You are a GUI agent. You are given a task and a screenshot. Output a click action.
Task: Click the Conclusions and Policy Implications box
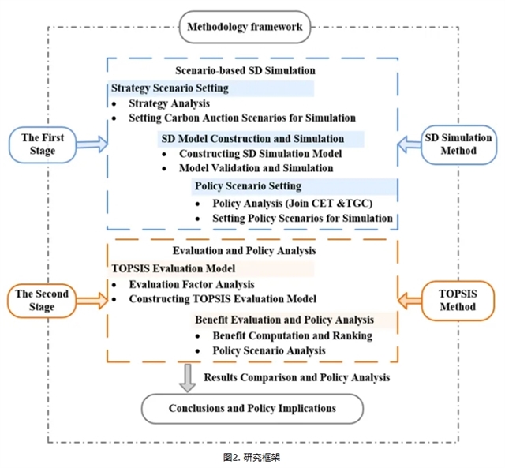point(252,408)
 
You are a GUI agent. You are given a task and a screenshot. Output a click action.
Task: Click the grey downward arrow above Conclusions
point(187,377)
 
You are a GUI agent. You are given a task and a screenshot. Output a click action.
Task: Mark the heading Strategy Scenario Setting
point(170,88)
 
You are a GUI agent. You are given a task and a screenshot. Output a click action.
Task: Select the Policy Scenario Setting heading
point(247,187)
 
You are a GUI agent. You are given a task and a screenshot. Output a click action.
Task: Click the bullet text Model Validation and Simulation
point(256,168)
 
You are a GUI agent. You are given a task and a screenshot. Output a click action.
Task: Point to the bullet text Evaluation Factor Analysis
point(192,284)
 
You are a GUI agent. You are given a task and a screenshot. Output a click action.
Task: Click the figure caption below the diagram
point(252,457)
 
